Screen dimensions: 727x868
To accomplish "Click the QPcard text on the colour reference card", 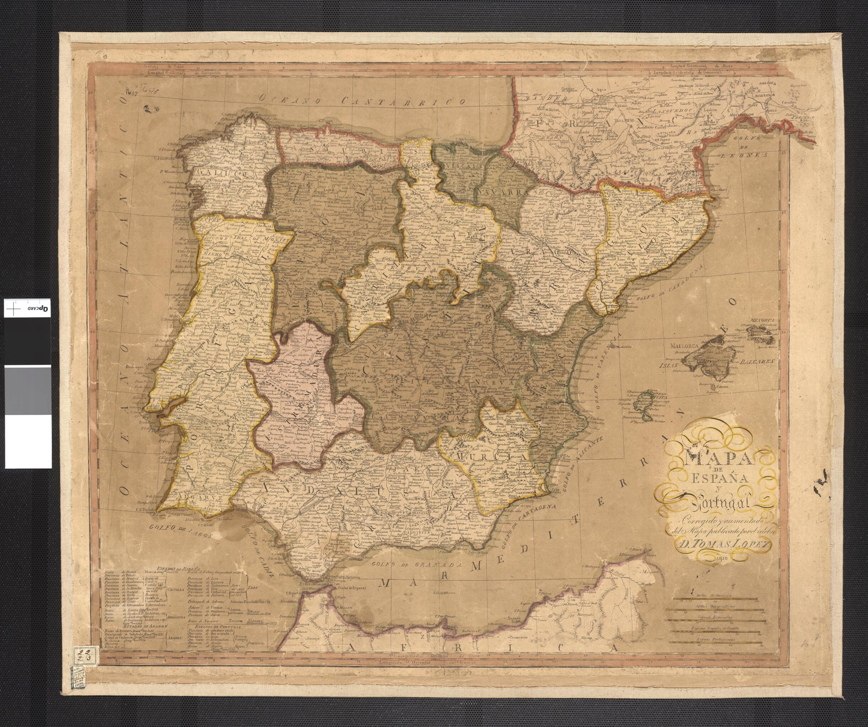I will click(38, 308).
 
